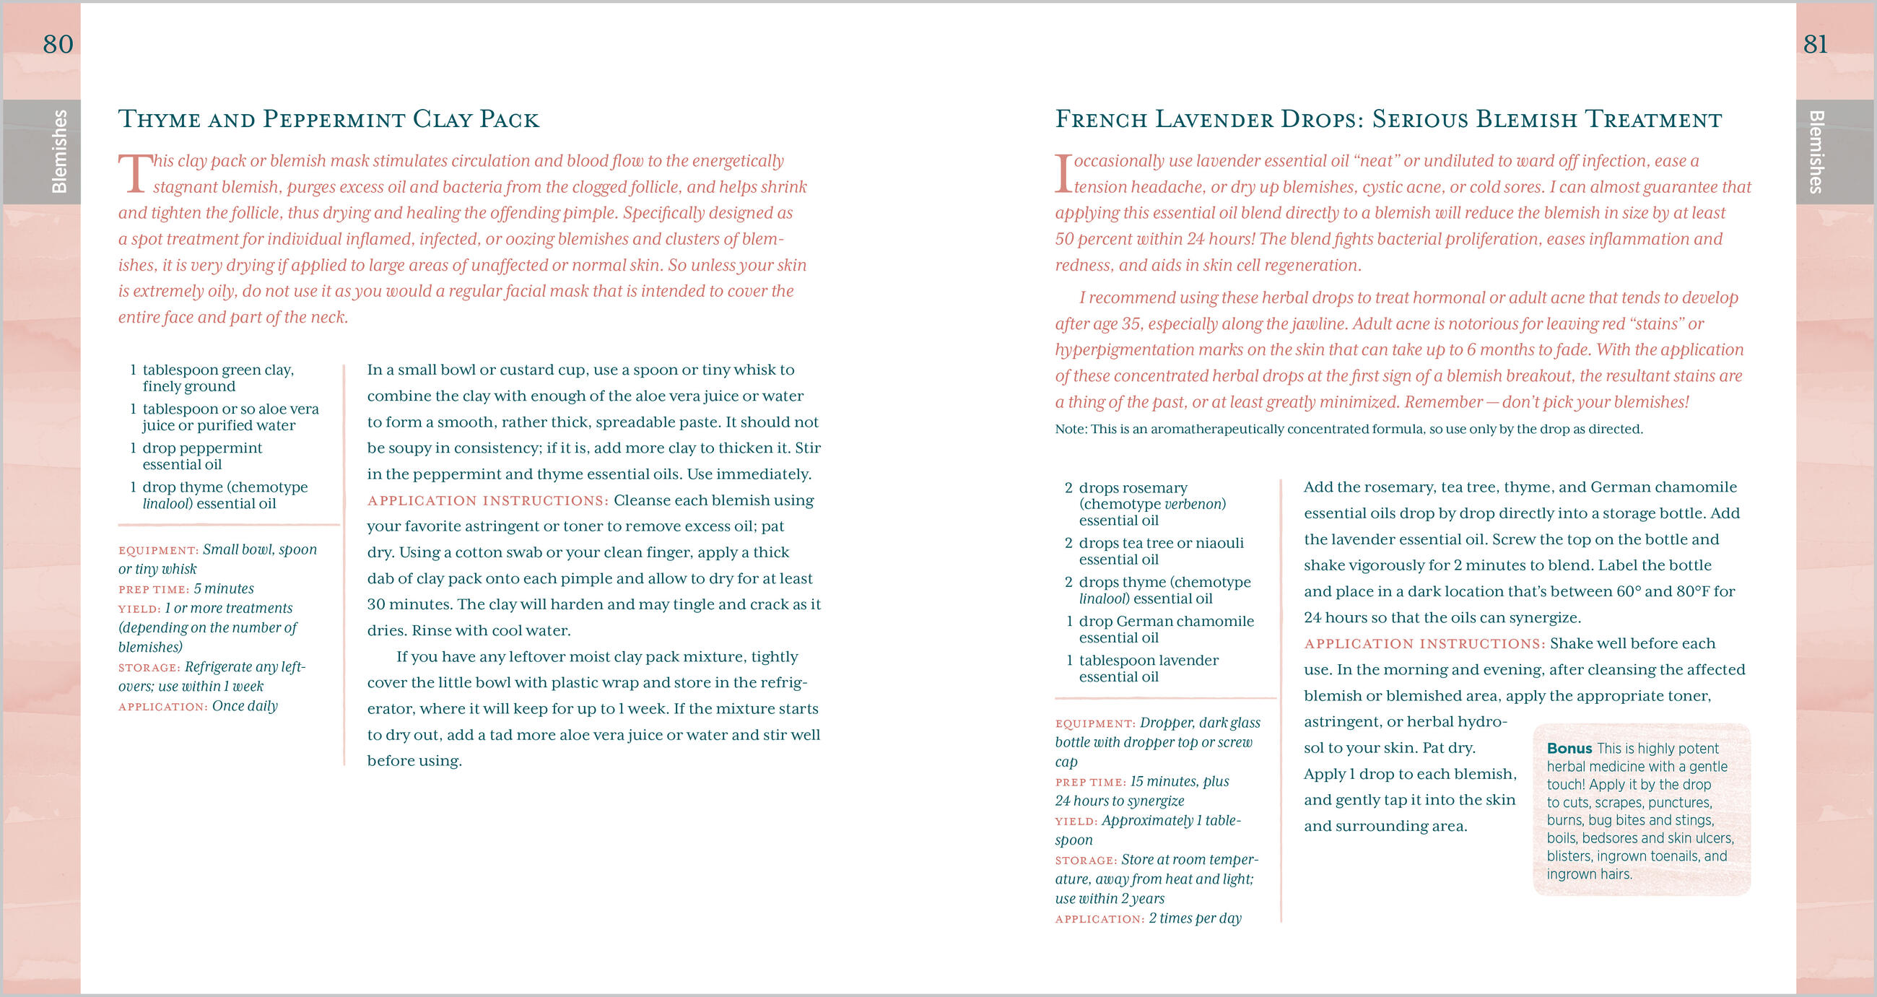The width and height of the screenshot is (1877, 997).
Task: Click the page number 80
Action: click(58, 45)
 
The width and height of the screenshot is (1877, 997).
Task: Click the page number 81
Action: click(1815, 45)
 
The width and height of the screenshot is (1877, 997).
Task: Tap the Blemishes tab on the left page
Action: click(58, 151)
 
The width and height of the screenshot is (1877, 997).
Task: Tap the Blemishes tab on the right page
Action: click(1816, 151)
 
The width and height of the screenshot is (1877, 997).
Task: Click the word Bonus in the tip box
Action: click(1569, 749)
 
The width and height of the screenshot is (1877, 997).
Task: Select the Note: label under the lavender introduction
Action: click(1071, 430)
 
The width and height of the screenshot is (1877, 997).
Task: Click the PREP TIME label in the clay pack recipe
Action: click(154, 590)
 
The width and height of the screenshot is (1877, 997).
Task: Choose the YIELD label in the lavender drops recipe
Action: click(1076, 822)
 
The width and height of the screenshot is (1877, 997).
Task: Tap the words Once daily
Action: click(245, 706)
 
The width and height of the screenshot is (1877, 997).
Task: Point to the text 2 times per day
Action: click(1195, 918)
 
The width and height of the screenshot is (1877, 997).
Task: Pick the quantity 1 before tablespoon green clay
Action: click(133, 370)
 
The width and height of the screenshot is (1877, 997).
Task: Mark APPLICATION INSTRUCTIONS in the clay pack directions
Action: click(487, 501)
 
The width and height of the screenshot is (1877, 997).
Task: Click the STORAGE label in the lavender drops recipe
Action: click(1086, 861)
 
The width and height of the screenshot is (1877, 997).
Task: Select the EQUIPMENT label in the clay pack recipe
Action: click(158, 550)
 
